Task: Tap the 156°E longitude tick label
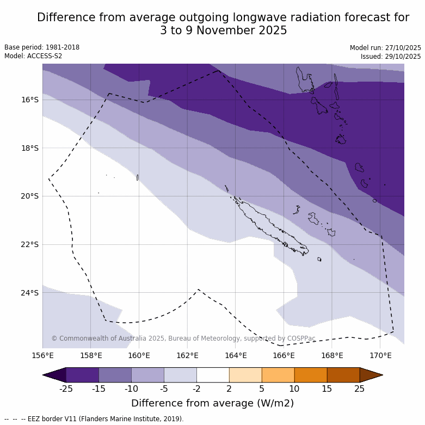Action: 43,356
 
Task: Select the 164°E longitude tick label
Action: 236,356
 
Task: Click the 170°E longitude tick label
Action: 380,356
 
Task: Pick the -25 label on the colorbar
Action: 66,389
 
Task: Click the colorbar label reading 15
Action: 327,389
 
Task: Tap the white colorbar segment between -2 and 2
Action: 213,375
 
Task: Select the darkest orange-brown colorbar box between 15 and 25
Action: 343,375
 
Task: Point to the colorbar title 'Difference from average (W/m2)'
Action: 212,403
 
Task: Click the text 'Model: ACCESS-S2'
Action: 33,56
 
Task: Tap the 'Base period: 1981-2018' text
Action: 42,47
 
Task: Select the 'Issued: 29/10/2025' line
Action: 391,56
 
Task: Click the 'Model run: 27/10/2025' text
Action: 385,47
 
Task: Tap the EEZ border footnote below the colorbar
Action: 94,419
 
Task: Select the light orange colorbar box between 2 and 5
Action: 245,375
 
